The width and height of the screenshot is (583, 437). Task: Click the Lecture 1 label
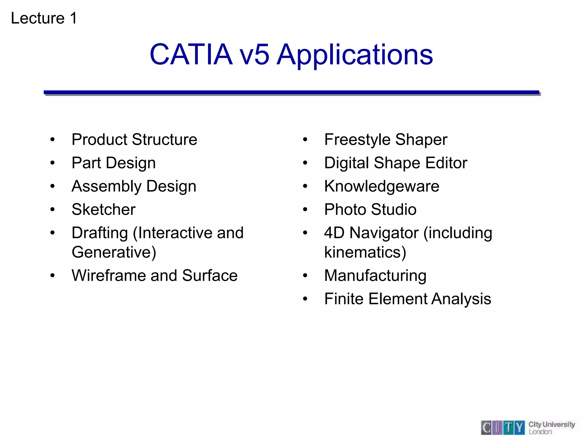tap(44, 18)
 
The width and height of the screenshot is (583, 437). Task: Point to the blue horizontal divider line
tap(291, 92)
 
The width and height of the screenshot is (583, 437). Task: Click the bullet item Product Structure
tap(134, 139)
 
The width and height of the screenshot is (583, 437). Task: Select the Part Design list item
tap(114, 163)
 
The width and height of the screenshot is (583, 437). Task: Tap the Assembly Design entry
tap(134, 186)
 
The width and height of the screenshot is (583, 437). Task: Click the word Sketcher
tap(104, 209)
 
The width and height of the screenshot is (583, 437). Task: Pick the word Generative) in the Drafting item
tap(114, 252)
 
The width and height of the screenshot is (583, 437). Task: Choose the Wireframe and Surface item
tap(155, 275)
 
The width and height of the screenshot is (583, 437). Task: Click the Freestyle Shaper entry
tap(386, 140)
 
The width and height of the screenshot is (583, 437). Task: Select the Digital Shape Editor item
tap(396, 163)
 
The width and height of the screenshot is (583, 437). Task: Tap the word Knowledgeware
tap(382, 186)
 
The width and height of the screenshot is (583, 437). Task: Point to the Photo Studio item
tap(370, 209)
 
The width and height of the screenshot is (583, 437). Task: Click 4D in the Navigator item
tap(334, 233)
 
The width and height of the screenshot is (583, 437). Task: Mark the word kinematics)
tap(365, 252)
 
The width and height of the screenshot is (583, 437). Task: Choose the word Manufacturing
tap(375, 276)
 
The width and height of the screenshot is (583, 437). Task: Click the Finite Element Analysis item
tap(408, 299)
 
